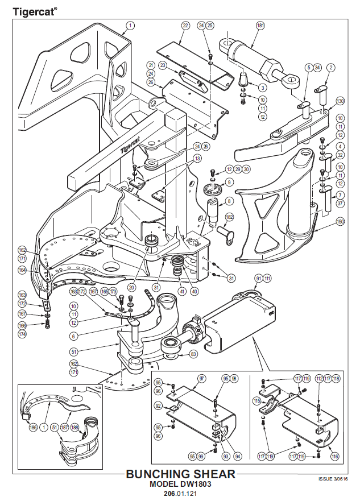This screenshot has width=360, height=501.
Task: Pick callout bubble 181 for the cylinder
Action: click(x=260, y=26)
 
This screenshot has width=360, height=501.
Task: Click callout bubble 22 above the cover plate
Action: click(x=185, y=26)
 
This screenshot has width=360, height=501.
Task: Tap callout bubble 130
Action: click(x=340, y=101)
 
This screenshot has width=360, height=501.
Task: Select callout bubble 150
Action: click(x=340, y=221)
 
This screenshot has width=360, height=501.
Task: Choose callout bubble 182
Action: click(x=229, y=217)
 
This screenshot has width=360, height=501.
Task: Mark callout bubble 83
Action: click(x=193, y=354)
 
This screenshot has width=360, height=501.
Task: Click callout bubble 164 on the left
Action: click(x=22, y=270)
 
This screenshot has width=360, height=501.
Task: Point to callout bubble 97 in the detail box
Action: click(x=201, y=378)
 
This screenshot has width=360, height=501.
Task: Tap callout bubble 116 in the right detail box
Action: click(x=335, y=456)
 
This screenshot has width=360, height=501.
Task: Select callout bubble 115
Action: click(x=257, y=401)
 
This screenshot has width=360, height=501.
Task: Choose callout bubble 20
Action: click(x=131, y=288)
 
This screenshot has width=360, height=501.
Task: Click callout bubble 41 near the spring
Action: click(x=183, y=291)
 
